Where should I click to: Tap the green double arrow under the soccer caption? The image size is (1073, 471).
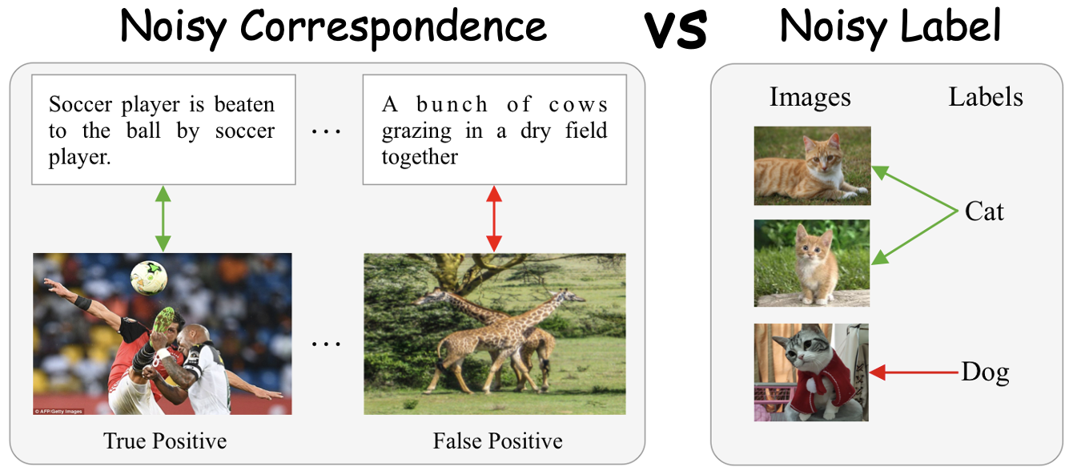point(163,219)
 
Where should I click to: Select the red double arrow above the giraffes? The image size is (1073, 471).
point(494,219)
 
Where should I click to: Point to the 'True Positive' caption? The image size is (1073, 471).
point(165,441)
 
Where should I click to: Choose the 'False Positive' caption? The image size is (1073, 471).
point(497,441)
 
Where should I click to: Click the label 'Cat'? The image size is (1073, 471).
point(984,211)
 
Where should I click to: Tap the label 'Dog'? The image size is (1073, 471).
point(985,372)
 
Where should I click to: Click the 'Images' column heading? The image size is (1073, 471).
point(810,98)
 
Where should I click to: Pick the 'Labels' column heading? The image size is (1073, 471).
point(986,98)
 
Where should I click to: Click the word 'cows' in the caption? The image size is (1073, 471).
point(578,105)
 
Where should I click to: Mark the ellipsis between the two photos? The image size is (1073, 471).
point(326,344)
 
